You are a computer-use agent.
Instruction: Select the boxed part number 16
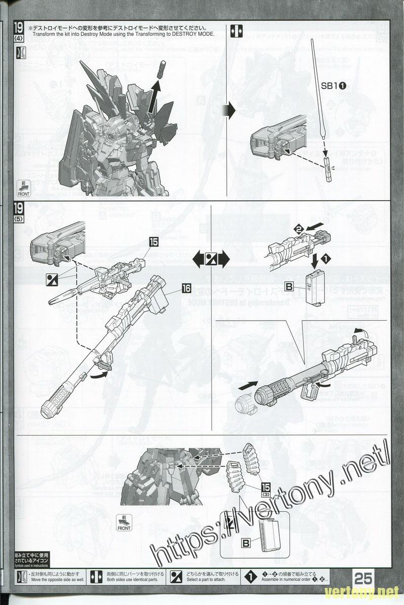186,288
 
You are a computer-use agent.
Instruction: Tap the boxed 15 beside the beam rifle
154,242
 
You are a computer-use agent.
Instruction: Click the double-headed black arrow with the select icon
212,260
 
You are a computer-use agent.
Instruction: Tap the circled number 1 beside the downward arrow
326,259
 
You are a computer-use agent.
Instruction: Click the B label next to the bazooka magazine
289,287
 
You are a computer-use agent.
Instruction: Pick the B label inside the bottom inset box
245,543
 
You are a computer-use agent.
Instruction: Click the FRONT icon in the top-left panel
24,187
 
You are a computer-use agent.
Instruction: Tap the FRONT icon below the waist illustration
123,522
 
